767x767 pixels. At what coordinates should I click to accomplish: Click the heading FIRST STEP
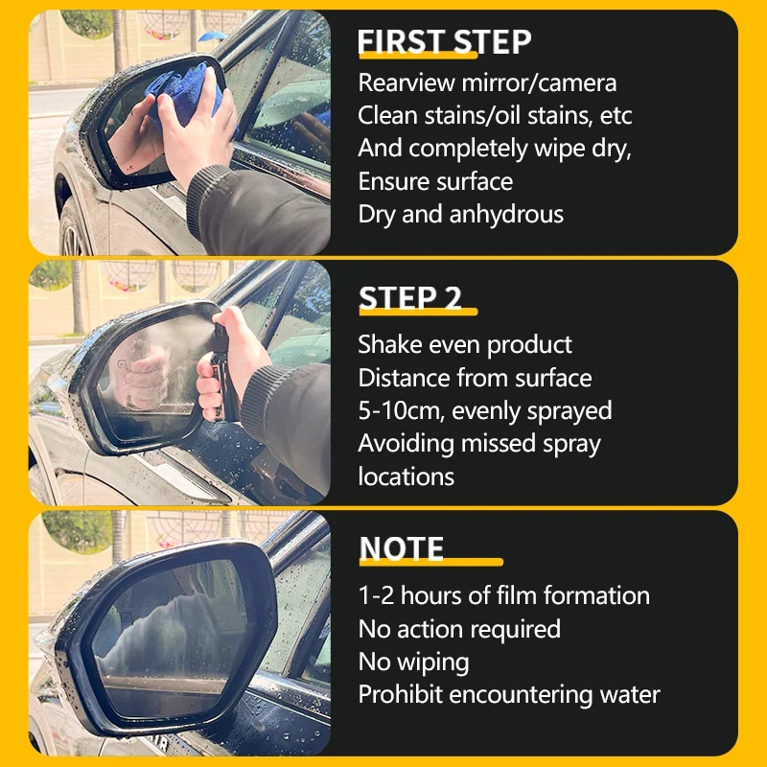tap(444, 42)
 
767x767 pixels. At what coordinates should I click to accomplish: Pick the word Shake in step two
tap(389, 344)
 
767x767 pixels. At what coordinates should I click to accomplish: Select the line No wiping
tap(413, 662)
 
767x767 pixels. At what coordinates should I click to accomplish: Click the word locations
tap(407, 476)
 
